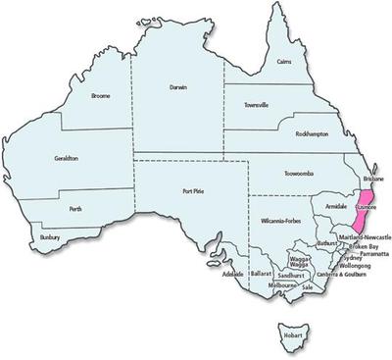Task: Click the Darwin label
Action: click(x=177, y=88)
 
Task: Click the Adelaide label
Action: click(x=232, y=274)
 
